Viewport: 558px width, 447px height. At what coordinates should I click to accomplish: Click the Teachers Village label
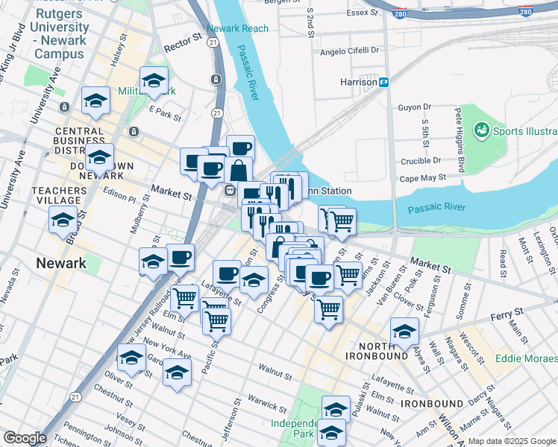click(56, 195)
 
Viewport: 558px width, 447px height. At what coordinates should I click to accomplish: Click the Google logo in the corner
click(25, 437)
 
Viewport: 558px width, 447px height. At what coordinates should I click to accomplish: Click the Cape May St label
click(422, 178)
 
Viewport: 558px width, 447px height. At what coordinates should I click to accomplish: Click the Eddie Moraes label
click(526, 358)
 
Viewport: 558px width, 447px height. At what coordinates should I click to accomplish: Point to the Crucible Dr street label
click(420, 161)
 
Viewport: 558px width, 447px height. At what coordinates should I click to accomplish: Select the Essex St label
click(361, 13)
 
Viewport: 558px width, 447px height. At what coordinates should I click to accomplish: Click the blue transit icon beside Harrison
click(383, 82)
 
